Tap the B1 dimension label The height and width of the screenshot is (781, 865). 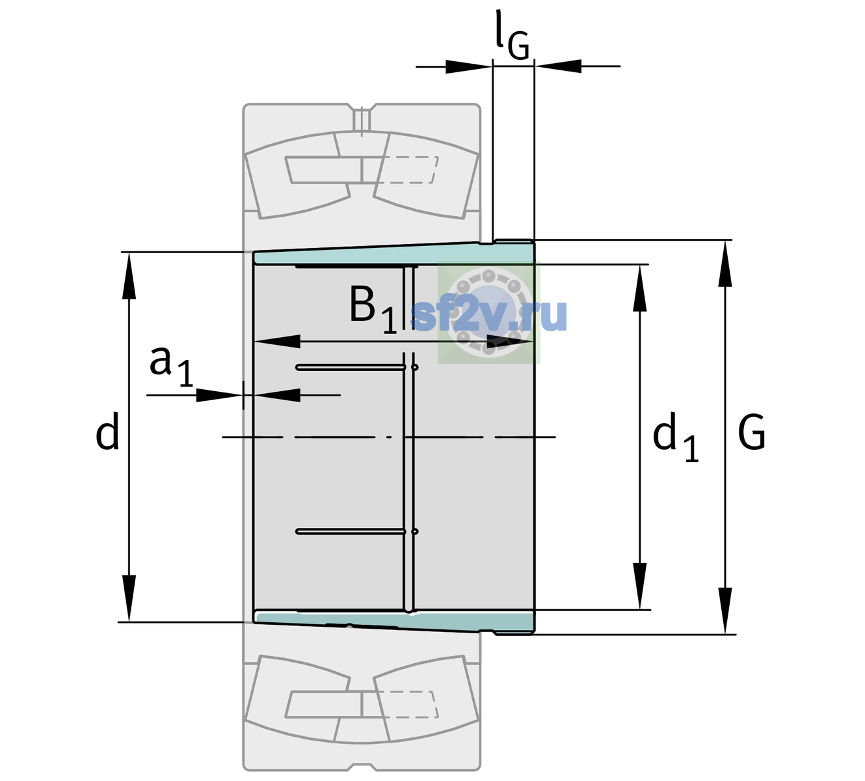click(x=373, y=308)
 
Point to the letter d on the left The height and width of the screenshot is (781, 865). click(x=107, y=431)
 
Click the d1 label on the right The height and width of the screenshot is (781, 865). click(x=676, y=437)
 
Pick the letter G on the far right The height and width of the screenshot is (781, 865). click(x=752, y=432)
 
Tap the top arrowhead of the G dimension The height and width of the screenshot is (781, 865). click(x=725, y=264)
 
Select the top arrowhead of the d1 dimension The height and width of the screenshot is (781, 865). click(x=639, y=288)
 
